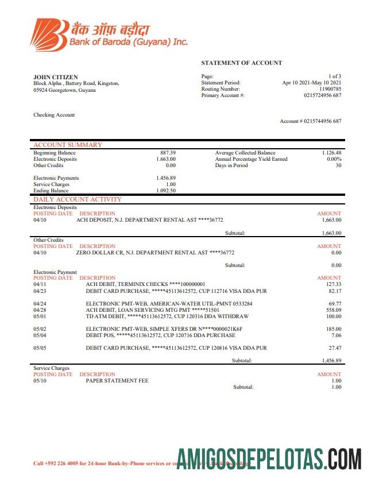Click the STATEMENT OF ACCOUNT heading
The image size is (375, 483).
(241, 63)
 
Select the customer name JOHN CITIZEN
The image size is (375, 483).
(56, 77)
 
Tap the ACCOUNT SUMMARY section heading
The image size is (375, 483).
(68, 145)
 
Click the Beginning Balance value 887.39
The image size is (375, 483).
(168, 153)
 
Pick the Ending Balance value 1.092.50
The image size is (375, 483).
(166, 191)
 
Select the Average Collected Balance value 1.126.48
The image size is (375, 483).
(331, 153)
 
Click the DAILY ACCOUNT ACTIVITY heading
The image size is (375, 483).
(78, 199)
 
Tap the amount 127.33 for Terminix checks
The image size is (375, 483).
(333, 284)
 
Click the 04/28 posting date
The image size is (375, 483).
(40, 310)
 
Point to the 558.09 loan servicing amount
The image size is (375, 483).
(333, 310)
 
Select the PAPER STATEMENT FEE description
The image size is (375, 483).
(117, 380)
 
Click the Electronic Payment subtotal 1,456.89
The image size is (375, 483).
(331, 361)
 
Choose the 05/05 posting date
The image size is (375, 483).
(40, 347)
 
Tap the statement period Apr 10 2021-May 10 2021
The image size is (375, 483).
(311, 83)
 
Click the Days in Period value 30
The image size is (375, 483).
(338, 165)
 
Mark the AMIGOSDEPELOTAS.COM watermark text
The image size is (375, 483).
(269, 461)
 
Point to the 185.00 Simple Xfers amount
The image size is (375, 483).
(333, 329)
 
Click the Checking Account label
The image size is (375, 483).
(54, 115)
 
